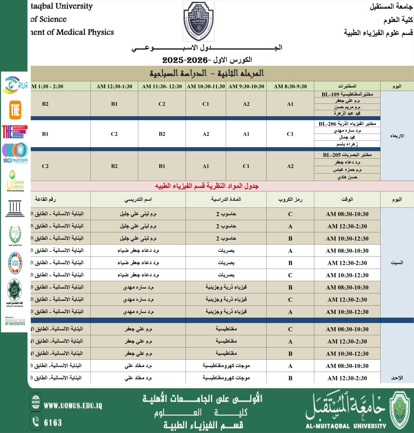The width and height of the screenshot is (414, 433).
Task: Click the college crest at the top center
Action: pos(198,21)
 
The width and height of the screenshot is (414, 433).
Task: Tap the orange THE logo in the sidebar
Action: pos(15,110)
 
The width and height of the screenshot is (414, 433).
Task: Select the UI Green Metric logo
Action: pos(15,181)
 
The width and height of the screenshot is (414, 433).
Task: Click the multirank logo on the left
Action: pos(15,153)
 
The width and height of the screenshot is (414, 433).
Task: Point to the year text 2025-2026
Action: pos(185,60)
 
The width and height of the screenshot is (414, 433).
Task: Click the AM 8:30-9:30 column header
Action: pos(290,86)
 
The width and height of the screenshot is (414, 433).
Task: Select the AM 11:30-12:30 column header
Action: pos(162,86)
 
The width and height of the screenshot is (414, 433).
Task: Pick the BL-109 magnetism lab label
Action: pos(347,94)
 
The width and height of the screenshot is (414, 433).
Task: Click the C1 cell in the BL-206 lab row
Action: pos(290,134)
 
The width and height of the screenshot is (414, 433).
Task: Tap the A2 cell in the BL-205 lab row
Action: pos(290,166)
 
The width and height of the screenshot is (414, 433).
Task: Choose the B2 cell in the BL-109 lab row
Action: pos(45,104)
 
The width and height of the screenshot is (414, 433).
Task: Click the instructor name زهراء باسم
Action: pos(347,144)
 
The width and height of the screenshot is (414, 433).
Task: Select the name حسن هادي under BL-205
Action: pos(347,177)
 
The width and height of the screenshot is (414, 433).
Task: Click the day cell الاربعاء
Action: pos(397,136)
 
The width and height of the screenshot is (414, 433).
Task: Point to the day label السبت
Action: pos(397,263)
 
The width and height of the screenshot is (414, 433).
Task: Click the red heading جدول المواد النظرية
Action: pos(206,186)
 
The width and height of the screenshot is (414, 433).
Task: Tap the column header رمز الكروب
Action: pos(290,200)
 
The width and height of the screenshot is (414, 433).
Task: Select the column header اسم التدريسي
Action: pos(138,200)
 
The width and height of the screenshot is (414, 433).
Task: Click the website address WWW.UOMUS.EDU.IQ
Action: pos(73,406)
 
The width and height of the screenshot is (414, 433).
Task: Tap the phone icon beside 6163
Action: pos(35,421)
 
